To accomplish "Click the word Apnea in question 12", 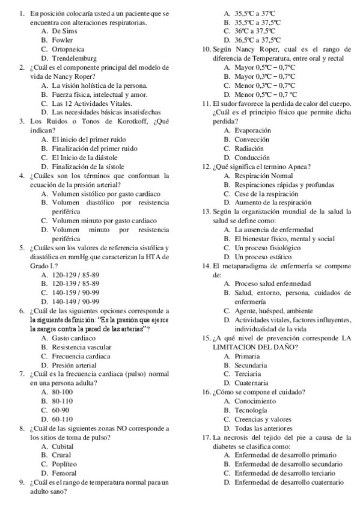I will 297,167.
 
